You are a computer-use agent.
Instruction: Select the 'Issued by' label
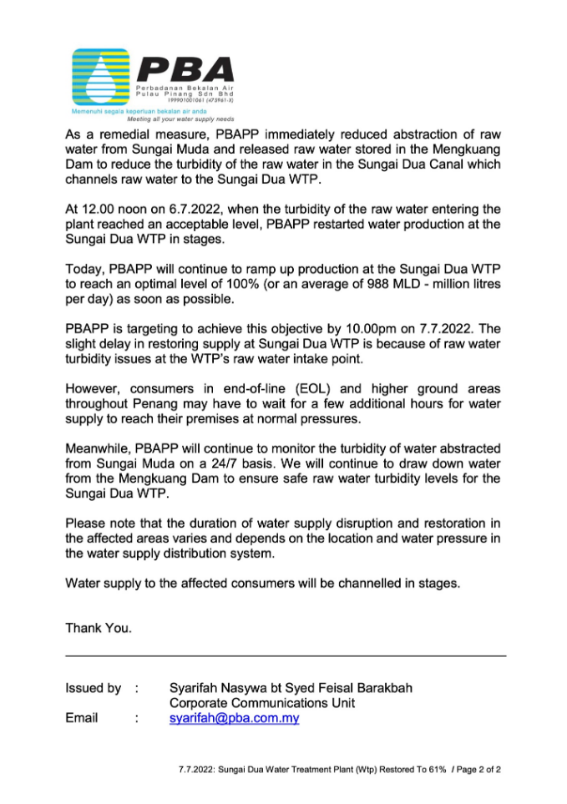(x=93, y=689)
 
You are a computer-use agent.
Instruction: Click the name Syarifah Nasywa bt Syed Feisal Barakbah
(x=290, y=689)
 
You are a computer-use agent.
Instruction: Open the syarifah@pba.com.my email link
(x=234, y=718)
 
